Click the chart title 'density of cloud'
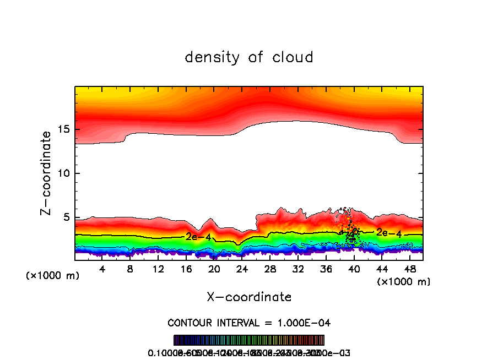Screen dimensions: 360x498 tap(249, 57)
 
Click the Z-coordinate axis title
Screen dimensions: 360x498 tap(47, 173)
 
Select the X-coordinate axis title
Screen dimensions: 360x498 tap(249, 297)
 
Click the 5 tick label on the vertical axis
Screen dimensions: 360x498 tap(64, 217)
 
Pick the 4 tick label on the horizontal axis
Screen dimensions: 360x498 tap(102, 269)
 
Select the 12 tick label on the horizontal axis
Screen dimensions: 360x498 tap(158, 269)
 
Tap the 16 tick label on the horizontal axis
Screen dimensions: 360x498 tap(186, 269)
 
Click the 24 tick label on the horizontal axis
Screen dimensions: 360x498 tap(242, 269)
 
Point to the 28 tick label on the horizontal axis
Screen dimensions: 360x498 tap(270, 269)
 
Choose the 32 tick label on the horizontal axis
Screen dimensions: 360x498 tap(298, 269)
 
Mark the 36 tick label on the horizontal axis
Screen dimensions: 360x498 tap(326, 269)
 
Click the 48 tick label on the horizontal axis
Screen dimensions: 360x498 tap(409, 269)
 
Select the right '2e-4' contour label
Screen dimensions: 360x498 tap(389, 233)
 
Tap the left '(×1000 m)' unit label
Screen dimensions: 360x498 tap(53, 276)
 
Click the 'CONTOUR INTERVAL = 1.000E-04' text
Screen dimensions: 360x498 tap(249, 323)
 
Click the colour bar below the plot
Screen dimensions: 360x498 tap(249, 340)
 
